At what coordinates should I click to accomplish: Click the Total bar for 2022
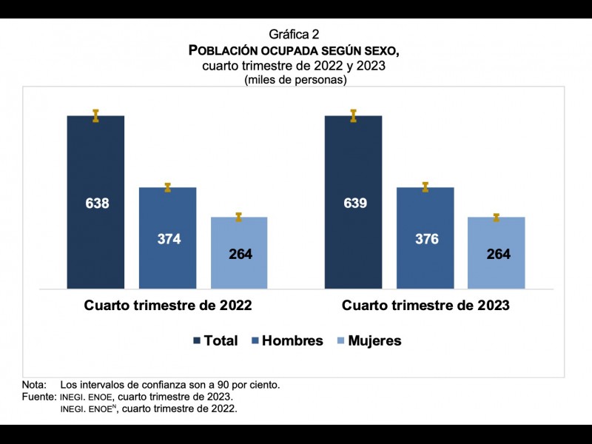pos(95,163)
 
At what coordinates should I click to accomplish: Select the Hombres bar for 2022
pos(168,215)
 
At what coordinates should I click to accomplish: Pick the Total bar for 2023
pos(353,163)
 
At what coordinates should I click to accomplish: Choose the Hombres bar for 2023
pos(425,215)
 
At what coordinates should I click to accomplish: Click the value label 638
pos(97,203)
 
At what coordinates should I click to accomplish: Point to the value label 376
pos(427,239)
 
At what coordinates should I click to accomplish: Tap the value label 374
pos(169,239)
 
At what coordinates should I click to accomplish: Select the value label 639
pos(355,203)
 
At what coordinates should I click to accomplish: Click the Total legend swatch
pos(197,341)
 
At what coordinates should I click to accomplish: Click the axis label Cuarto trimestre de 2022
pos(168,305)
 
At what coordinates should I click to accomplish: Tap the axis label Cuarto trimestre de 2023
pos(425,305)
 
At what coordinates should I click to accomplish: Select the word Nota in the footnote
pos(34,385)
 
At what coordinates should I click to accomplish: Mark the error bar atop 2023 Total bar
pos(353,115)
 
